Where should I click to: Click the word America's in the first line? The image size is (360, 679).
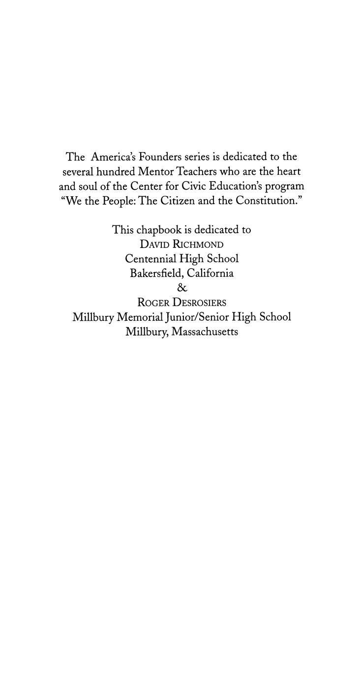[113, 157]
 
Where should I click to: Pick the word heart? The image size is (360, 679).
[289, 172]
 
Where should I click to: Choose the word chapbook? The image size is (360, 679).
[159, 230]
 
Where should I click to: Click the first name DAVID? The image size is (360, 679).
[154, 245]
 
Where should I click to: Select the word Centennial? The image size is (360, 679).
[150, 259]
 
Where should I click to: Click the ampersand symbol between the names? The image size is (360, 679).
[181, 288]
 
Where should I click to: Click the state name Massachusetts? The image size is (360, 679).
[205, 332]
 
